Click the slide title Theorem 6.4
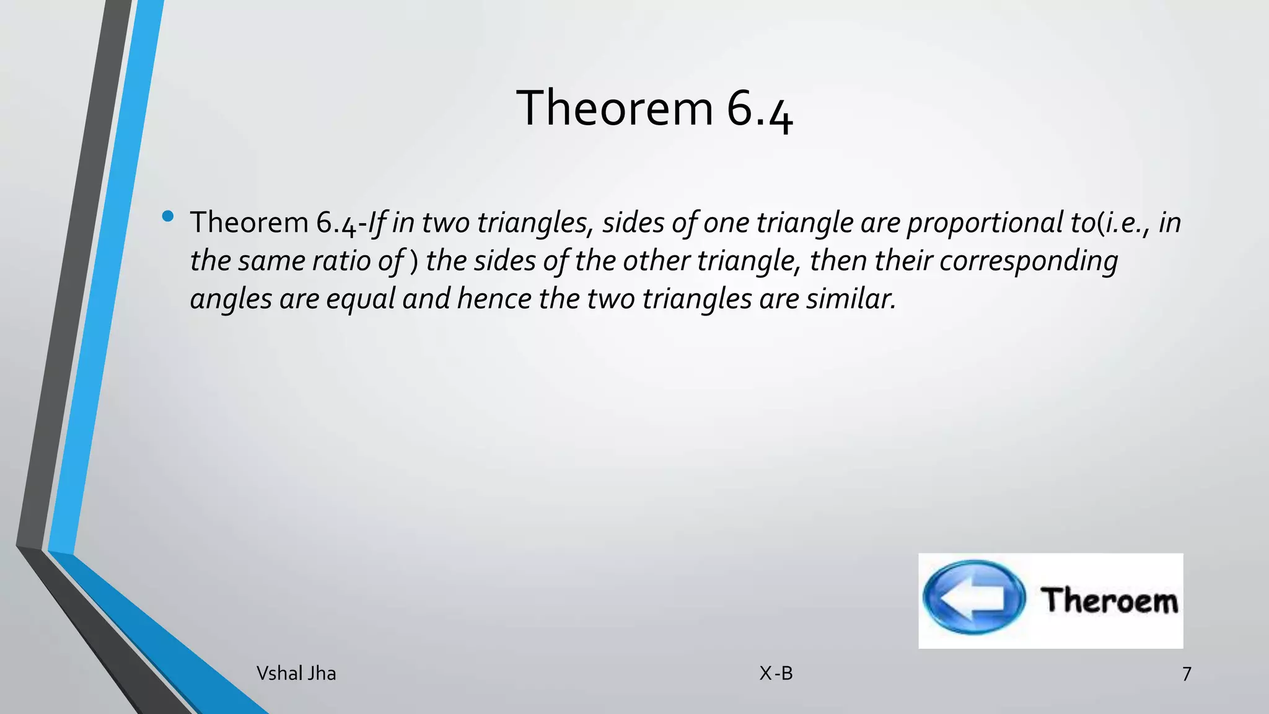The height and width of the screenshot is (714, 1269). [654, 108]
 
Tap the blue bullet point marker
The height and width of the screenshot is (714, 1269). [167, 216]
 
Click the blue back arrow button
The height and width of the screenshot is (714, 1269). [973, 597]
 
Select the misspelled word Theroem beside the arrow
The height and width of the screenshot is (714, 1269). [1109, 600]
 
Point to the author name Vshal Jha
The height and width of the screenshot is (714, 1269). [296, 673]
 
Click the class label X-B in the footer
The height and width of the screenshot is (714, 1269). [776, 673]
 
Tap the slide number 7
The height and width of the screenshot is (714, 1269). [1186, 674]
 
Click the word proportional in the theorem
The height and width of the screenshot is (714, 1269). [985, 223]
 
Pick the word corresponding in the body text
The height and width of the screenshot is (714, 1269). [1029, 261]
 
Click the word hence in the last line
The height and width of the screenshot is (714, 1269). [494, 299]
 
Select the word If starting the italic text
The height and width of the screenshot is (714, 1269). [377, 223]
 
